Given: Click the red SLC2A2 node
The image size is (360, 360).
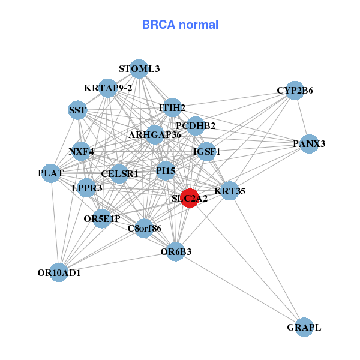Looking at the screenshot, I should tap(190, 199).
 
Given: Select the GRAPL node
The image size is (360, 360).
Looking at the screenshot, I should tap(304, 327).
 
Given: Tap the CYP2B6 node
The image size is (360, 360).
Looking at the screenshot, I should tap(294, 91).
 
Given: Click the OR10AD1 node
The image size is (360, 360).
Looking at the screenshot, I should tap(59, 272).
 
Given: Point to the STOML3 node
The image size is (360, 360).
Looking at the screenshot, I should tap(139, 69).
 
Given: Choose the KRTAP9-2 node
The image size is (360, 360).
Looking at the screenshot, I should tap(108, 88).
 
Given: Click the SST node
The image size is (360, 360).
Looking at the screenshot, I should tap(77, 110).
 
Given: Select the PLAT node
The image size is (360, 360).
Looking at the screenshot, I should tap(52, 173).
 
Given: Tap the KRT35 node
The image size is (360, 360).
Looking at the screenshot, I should tap(229, 191).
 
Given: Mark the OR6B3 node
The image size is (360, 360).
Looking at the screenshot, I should tap(176, 251).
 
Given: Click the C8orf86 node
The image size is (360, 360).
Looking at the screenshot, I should tap(144, 228).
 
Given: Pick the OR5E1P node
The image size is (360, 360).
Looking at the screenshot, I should tap(101, 218).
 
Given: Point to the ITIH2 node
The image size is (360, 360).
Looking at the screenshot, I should tap(172, 108).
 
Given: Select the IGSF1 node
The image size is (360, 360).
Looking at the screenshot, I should tap(205, 152).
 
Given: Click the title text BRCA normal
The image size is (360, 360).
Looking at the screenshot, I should tap(180, 25).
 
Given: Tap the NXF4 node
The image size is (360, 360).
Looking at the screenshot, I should tap(82, 151).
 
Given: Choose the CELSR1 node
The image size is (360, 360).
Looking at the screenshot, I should tap(119, 174).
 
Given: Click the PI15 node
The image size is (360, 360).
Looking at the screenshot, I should tap(166, 171).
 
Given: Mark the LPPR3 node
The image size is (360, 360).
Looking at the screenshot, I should tap(87, 188).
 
